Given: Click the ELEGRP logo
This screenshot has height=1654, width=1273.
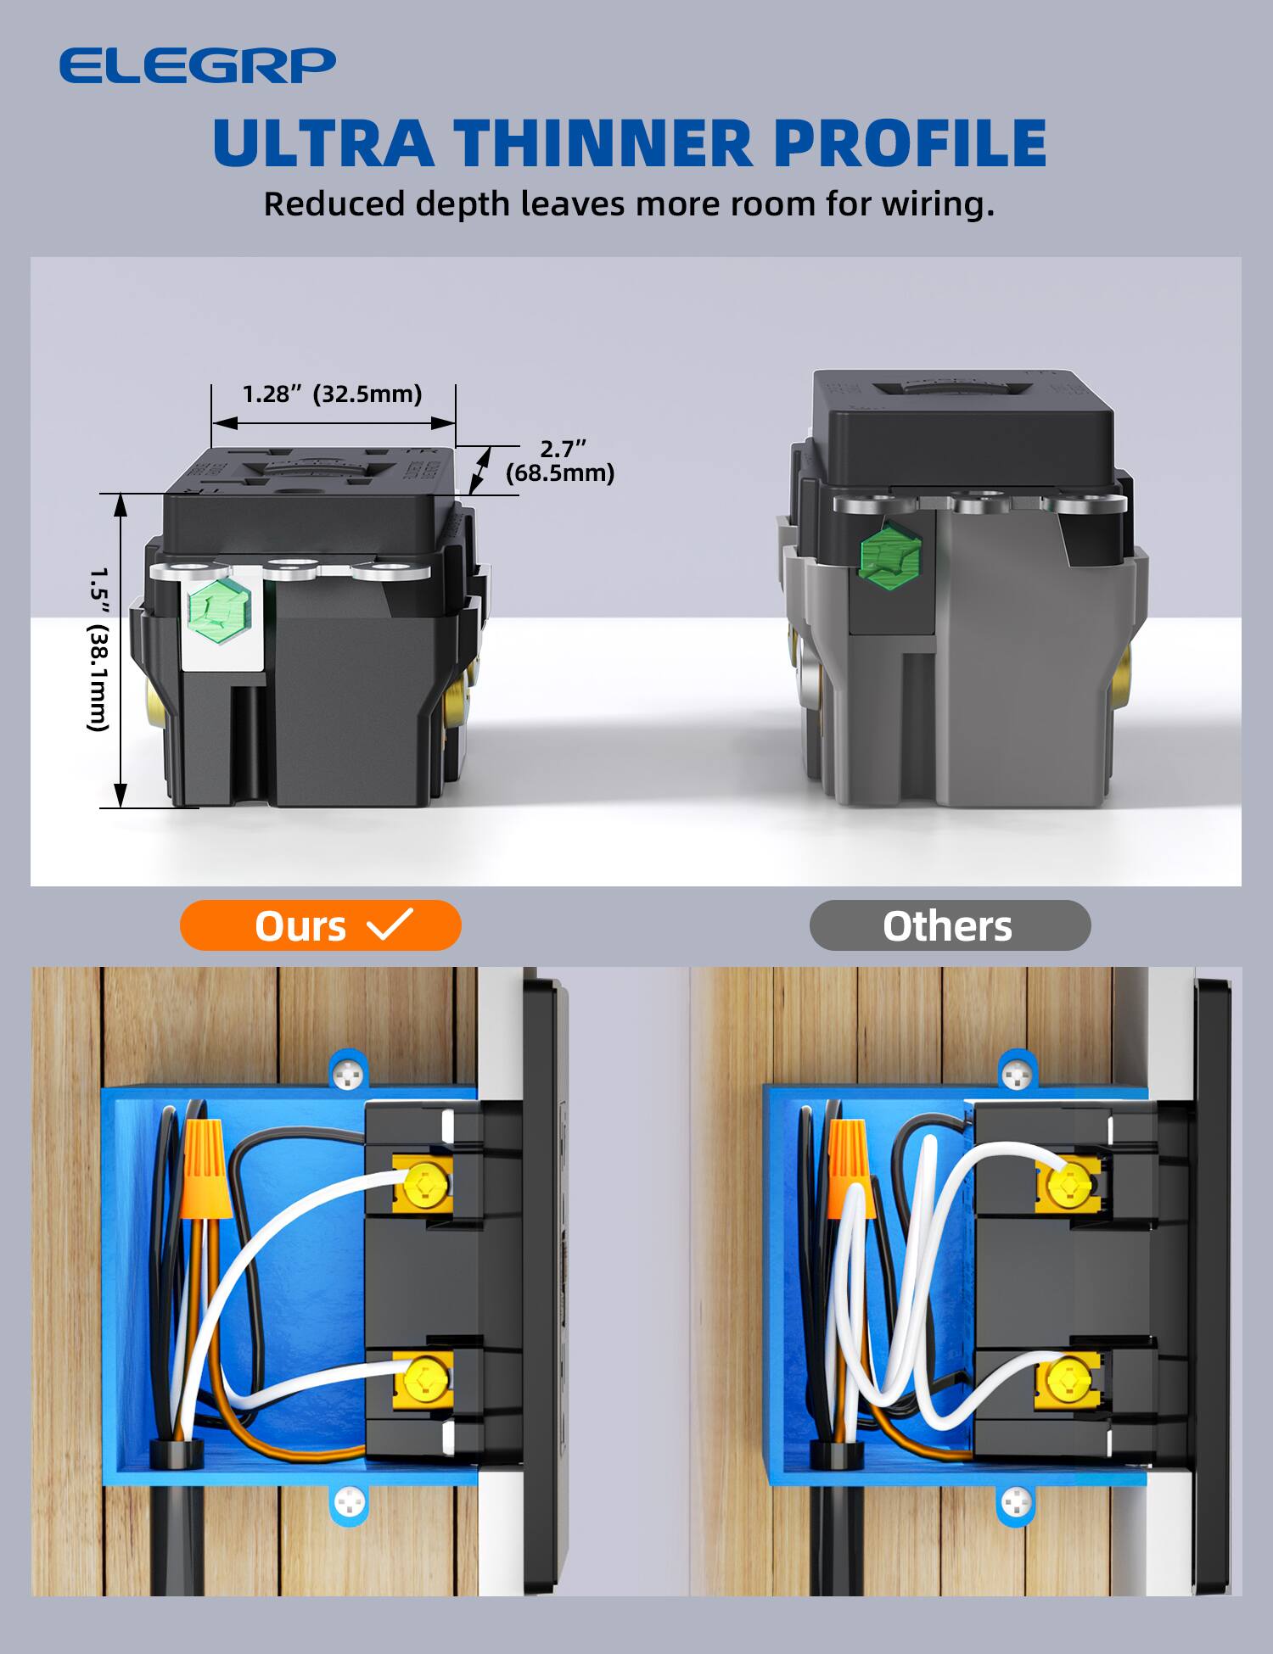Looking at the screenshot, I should [x=197, y=65].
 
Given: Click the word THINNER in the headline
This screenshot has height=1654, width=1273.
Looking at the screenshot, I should [x=603, y=142].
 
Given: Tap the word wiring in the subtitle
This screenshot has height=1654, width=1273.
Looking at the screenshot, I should [x=936, y=204].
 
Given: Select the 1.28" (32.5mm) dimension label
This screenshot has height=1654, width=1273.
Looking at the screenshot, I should [x=332, y=394].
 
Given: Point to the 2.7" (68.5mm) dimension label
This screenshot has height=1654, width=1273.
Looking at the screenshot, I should [x=560, y=461].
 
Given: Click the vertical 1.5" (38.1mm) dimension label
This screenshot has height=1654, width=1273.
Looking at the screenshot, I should [x=99, y=649].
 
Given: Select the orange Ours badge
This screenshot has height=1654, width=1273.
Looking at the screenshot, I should [x=320, y=925].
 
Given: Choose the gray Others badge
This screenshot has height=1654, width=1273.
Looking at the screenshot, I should [x=949, y=925].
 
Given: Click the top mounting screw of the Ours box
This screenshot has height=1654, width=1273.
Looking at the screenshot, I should [x=349, y=1076].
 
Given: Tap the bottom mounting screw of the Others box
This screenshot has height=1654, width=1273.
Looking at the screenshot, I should [x=1016, y=1504].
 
